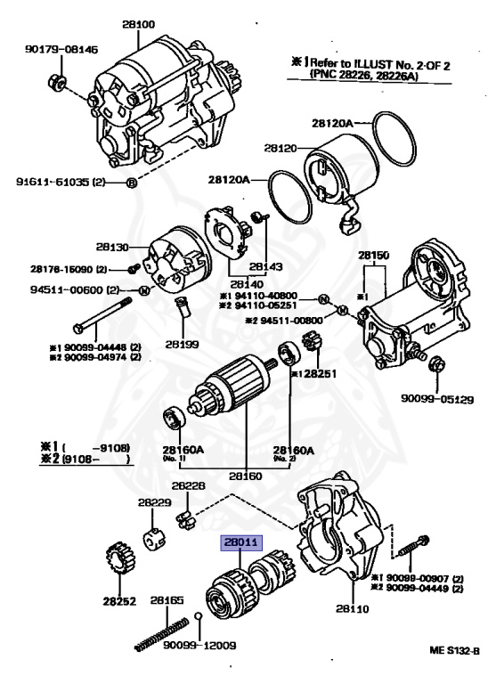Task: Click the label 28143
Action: (x=266, y=266)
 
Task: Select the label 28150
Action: (x=375, y=255)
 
